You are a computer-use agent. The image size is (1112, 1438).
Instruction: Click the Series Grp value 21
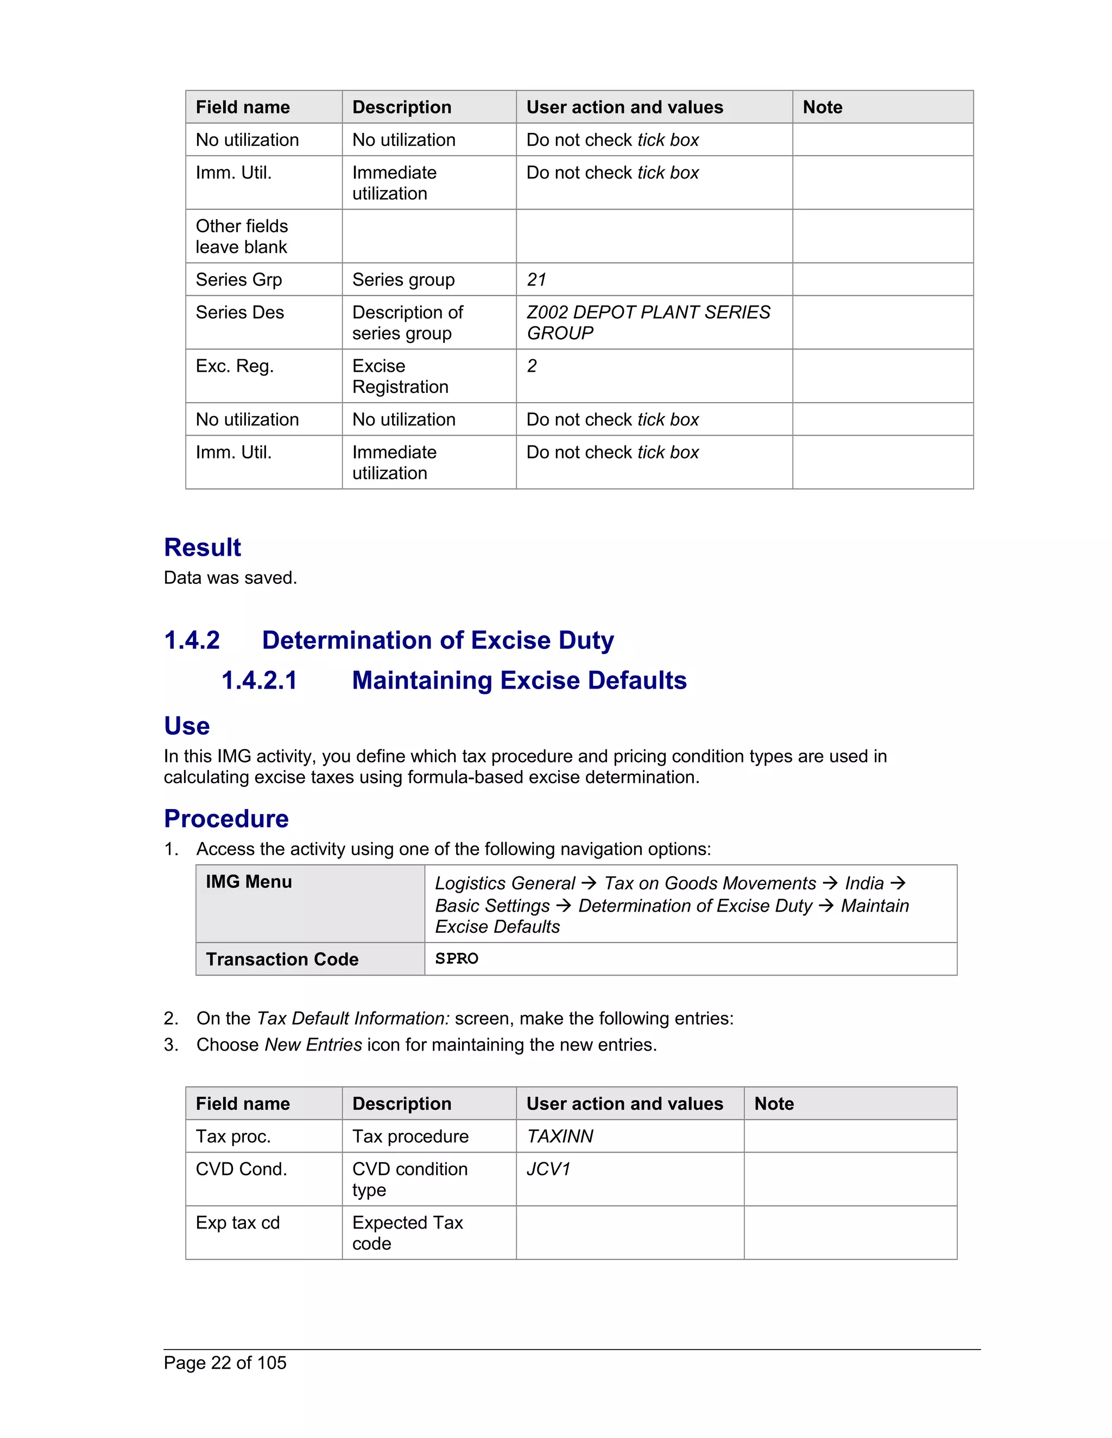pyautogui.click(x=536, y=280)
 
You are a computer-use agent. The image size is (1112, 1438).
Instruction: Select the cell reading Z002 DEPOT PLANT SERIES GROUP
pyautogui.click(x=648, y=323)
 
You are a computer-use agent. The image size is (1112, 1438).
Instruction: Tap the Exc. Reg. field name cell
pyautogui.click(x=235, y=366)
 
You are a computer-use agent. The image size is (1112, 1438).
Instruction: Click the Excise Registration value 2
pyautogui.click(x=532, y=366)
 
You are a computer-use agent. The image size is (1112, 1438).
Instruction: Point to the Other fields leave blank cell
pyautogui.click(x=242, y=237)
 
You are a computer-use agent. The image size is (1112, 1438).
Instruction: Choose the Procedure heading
pyautogui.click(x=226, y=819)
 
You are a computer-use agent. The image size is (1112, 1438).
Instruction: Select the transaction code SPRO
pyautogui.click(x=457, y=959)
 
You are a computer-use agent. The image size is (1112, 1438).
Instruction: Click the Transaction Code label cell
pyautogui.click(x=282, y=959)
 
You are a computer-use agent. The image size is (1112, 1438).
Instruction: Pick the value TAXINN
pyautogui.click(x=560, y=1136)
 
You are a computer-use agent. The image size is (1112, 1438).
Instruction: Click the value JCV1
pyautogui.click(x=548, y=1169)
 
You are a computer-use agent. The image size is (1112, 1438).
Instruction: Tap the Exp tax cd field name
pyautogui.click(x=238, y=1223)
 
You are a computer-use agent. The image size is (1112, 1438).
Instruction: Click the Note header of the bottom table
pyautogui.click(x=774, y=1104)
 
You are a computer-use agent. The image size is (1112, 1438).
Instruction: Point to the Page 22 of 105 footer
pyautogui.click(x=225, y=1363)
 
